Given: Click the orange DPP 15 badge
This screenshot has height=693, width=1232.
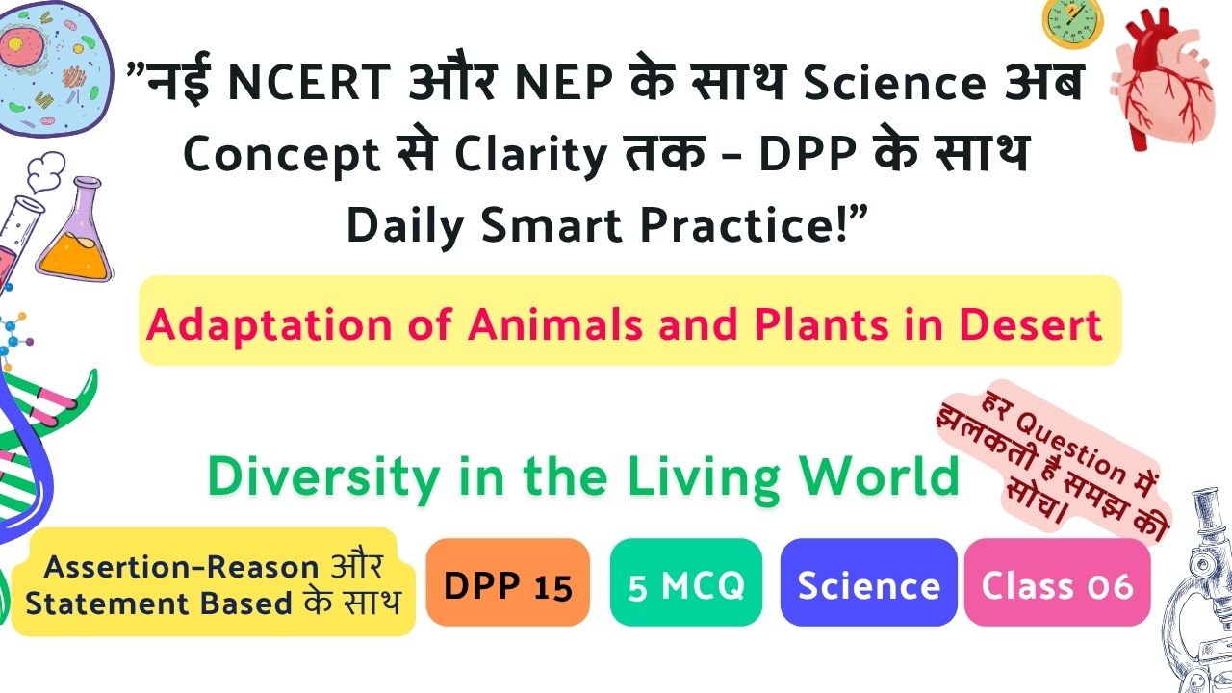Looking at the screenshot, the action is coord(507,582).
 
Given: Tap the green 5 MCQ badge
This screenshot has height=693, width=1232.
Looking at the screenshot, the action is coord(686,582).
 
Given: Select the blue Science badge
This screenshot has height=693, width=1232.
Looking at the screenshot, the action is coord(868,582).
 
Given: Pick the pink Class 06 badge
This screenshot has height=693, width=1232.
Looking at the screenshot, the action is coord(1058,582).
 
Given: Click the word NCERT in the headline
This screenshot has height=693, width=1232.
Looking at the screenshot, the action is coord(309,83).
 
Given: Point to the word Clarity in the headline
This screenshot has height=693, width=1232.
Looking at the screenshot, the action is coord(530,155).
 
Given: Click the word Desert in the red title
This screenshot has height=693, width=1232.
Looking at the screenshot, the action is coord(1031,324).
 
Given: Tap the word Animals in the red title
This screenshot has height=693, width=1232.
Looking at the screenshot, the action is coord(555,324).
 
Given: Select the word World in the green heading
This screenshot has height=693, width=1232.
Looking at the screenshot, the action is coord(880,476).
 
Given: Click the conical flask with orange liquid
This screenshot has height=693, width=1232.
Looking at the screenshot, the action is coord(75,231).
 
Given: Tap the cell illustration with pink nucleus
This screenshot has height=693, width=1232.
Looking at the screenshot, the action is coord(54,68).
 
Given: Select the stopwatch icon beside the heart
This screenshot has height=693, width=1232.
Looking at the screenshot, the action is coord(1072,22).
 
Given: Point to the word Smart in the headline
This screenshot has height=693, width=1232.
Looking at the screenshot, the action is coord(552,225).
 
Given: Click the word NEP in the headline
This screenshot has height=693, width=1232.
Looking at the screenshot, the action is coord(563,83).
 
